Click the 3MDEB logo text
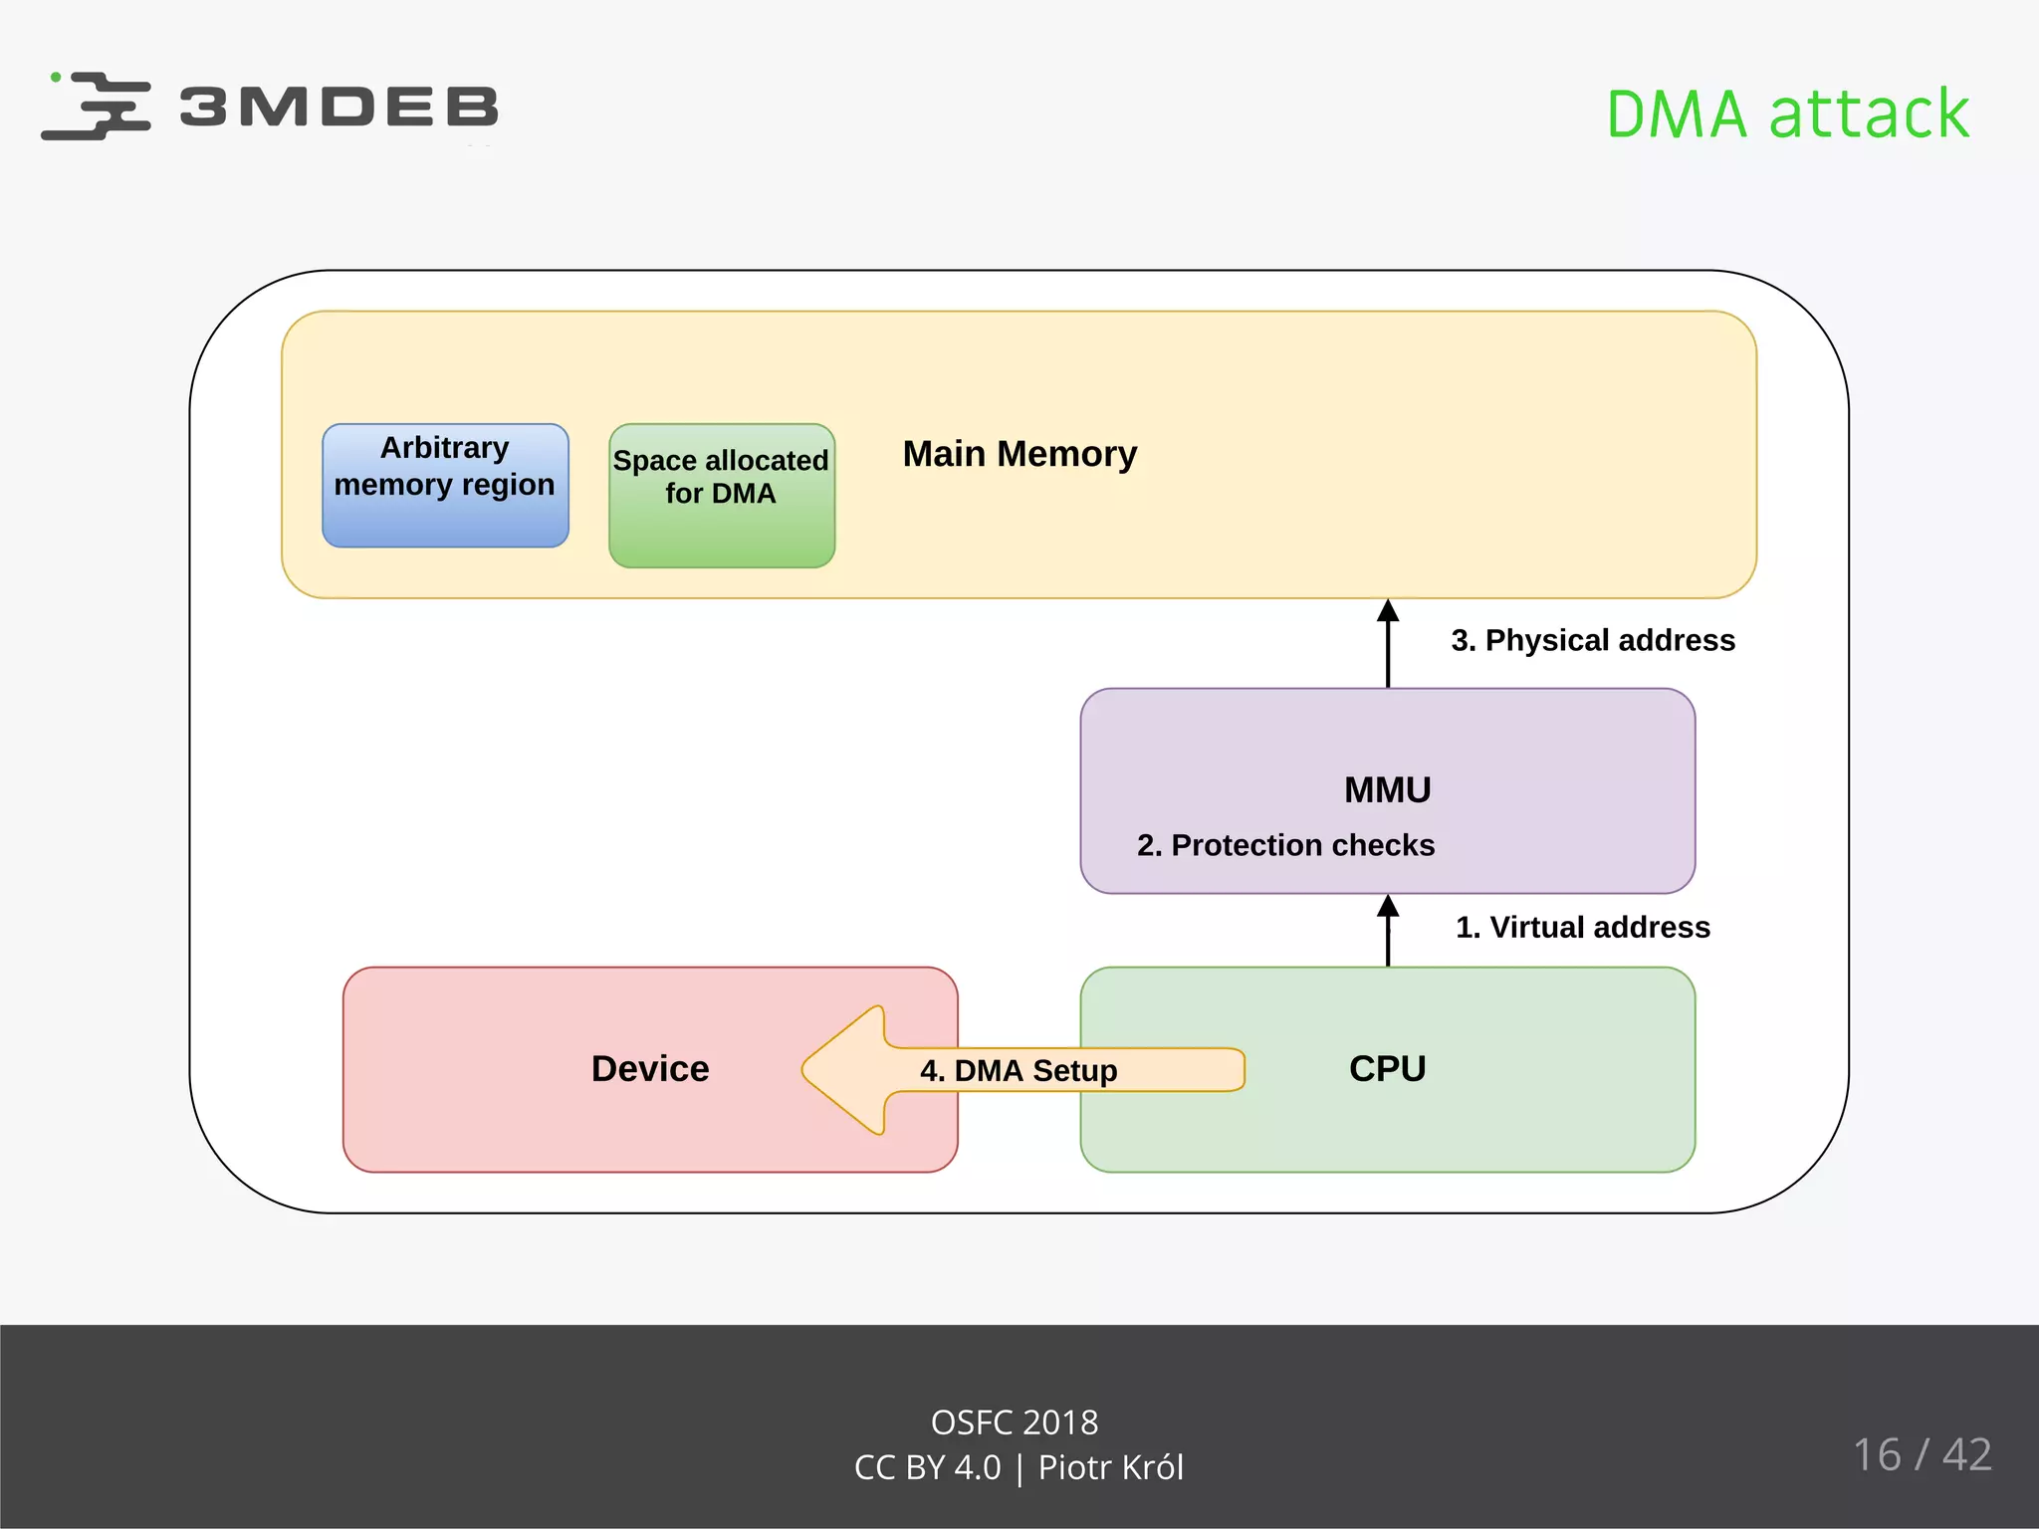(x=339, y=107)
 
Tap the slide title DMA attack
(x=1787, y=113)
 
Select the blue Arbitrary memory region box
(x=445, y=486)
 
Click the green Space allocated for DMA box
(x=722, y=496)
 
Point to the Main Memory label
(x=1019, y=454)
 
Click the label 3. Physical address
(x=1592, y=640)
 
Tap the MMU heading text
(x=1387, y=789)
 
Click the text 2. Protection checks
(x=1285, y=845)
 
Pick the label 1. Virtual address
(x=1582, y=927)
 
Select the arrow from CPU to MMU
(x=1388, y=932)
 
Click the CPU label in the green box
(x=1387, y=1068)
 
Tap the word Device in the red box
(x=650, y=1068)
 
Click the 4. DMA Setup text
(x=1019, y=1071)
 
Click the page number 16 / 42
(x=1922, y=1454)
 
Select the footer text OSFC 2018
(x=1014, y=1422)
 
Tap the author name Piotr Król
(x=1110, y=1468)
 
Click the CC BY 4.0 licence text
(x=927, y=1468)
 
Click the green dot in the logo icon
(x=56, y=77)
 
